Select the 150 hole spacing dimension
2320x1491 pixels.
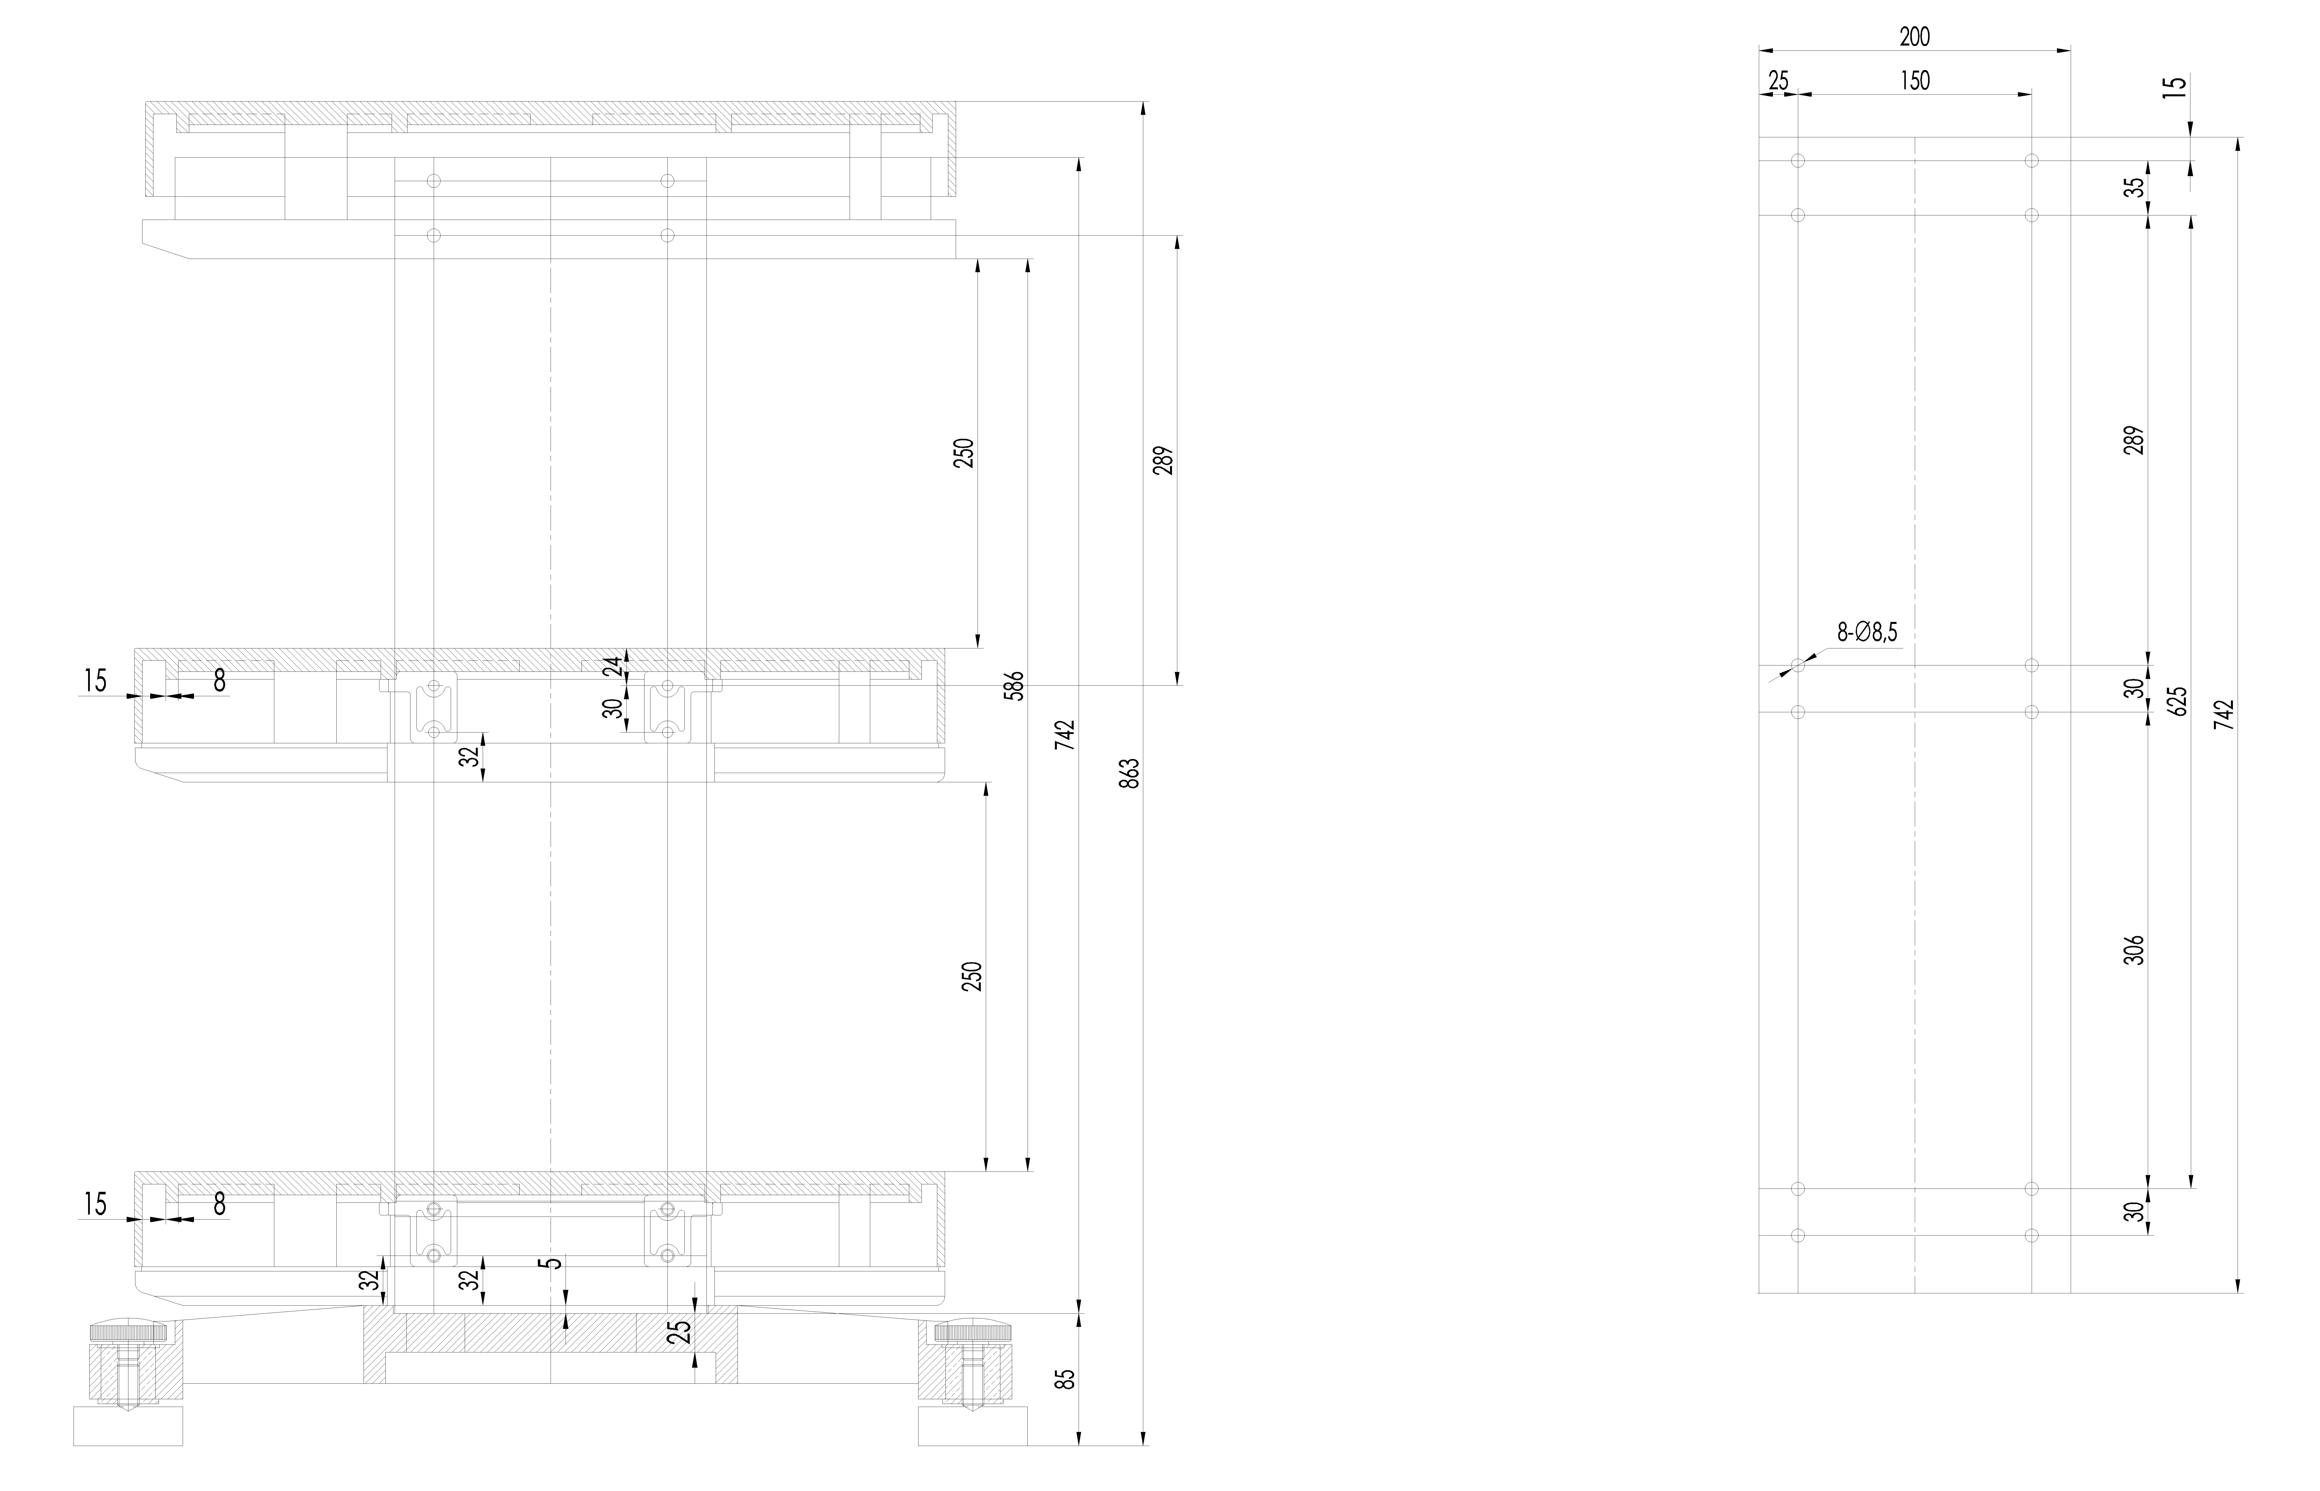[1914, 80]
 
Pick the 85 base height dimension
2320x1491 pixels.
[1065, 1379]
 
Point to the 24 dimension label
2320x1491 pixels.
[612, 666]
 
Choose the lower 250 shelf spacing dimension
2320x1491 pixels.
[973, 976]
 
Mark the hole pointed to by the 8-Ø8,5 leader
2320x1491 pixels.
[1798, 665]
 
